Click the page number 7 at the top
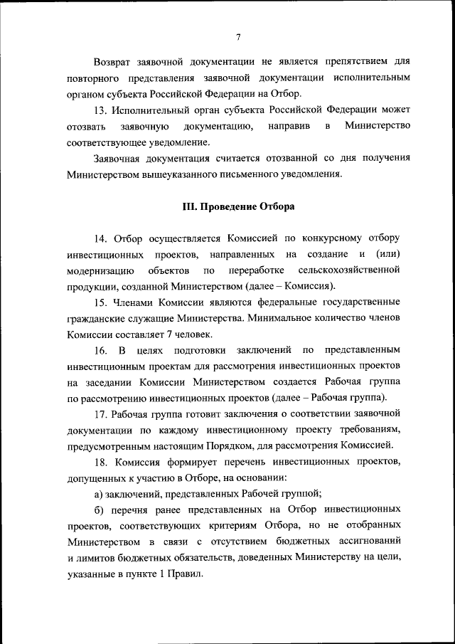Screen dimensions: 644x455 [x=239, y=37]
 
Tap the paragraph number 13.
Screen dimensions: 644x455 [x=101, y=110]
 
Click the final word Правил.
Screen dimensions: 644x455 [x=187, y=574]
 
